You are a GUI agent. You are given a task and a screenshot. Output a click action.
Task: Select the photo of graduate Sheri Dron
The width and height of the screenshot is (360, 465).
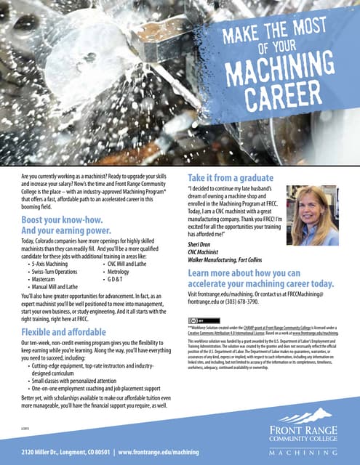(x=313, y=215)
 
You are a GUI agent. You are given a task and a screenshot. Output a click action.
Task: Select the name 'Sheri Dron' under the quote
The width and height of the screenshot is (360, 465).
(x=201, y=246)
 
